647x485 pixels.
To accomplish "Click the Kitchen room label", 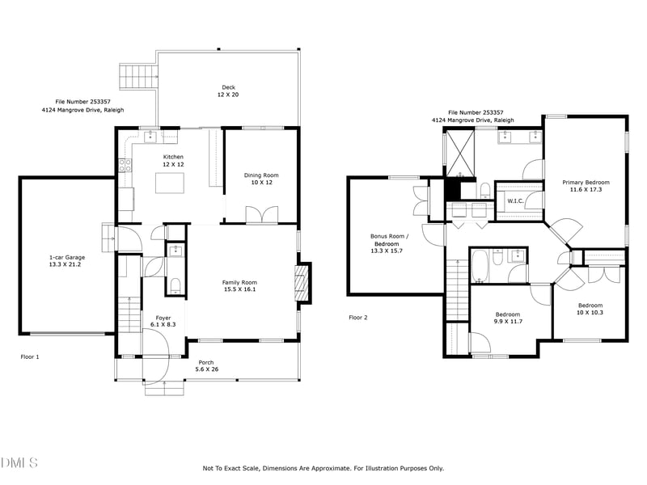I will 173,157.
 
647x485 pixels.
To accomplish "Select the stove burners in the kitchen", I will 125,166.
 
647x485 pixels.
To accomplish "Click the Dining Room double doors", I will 262,215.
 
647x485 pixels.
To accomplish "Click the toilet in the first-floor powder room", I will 175,285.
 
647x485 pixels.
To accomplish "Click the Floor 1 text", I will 30,356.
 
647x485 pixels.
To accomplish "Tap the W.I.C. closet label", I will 515,200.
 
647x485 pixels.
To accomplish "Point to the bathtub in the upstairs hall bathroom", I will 480,265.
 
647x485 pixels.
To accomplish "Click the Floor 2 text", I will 358,318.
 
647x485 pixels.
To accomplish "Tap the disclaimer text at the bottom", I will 323,468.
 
